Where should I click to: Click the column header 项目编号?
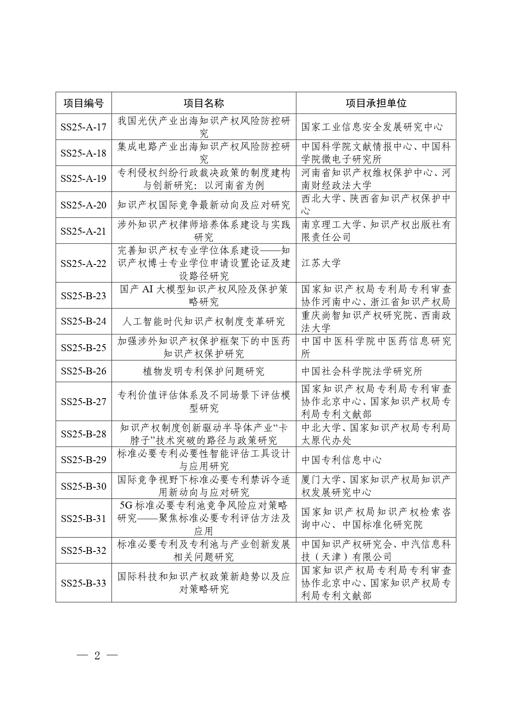pyautogui.click(x=83, y=103)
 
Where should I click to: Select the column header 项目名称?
pyautogui.click(x=203, y=103)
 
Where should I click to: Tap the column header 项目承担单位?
pyautogui.click(x=376, y=103)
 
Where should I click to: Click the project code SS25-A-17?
pyautogui.click(x=83, y=127)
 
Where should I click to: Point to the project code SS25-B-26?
pyautogui.click(x=83, y=371)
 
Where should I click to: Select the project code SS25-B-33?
pyautogui.click(x=83, y=583)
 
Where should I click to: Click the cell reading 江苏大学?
pyautogui.click(x=321, y=263)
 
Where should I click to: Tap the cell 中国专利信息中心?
pyautogui.click(x=342, y=460)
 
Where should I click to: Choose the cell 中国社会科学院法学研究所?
pyautogui.click(x=362, y=371)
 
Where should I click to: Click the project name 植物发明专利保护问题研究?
pyautogui.click(x=203, y=371)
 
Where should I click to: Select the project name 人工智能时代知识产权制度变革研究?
pyautogui.click(x=203, y=322)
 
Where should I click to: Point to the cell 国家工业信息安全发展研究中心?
pyautogui.click(x=372, y=127)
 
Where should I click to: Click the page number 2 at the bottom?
pyautogui.click(x=97, y=656)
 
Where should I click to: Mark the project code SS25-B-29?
pyautogui.click(x=83, y=460)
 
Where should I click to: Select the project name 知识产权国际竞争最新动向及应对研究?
pyautogui.click(x=203, y=205)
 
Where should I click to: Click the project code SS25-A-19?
pyautogui.click(x=83, y=179)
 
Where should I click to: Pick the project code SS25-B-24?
pyautogui.click(x=83, y=322)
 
